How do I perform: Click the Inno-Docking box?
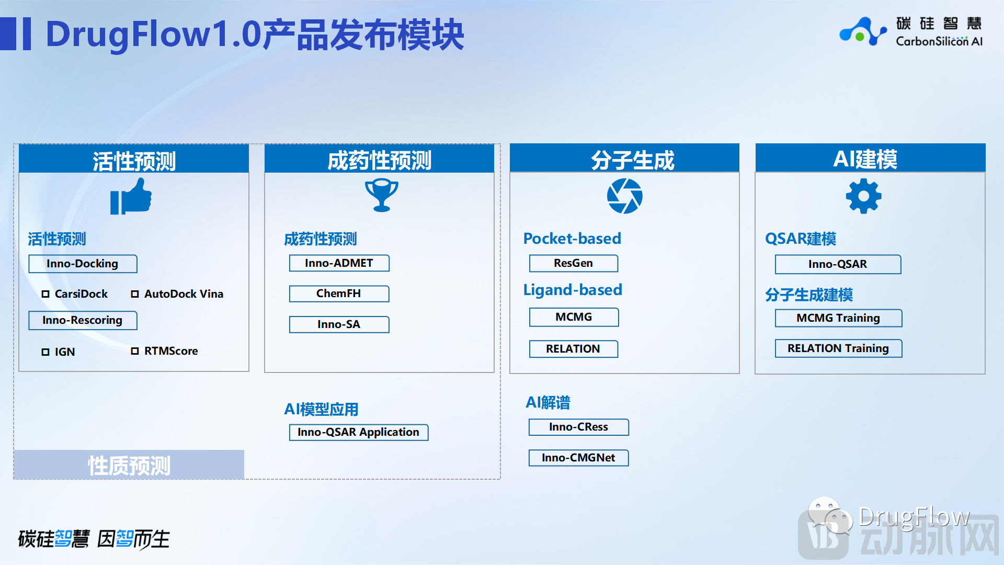point(83,264)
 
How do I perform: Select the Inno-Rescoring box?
point(83,320)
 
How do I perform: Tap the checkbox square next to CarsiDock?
point(45,294)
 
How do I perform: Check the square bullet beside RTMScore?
point(135,351)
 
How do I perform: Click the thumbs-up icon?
point(131,196)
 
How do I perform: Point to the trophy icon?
point(382,195)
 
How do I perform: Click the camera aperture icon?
point(625,196)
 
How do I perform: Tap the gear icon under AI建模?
point(864,196)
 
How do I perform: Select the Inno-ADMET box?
point(339,263)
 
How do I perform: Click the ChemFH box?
point(339,293)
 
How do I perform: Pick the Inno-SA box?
point(339,324)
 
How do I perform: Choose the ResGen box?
point(574,263)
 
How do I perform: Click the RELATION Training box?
point(839,348)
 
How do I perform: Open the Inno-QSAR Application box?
point(359,432)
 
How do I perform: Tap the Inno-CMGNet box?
point(579,458)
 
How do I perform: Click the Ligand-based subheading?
point(573,290)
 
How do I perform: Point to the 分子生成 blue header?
point(625,158)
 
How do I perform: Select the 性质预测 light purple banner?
point(129,465)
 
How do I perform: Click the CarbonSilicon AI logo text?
point(939,41)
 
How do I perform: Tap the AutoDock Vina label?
point(184,294)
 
